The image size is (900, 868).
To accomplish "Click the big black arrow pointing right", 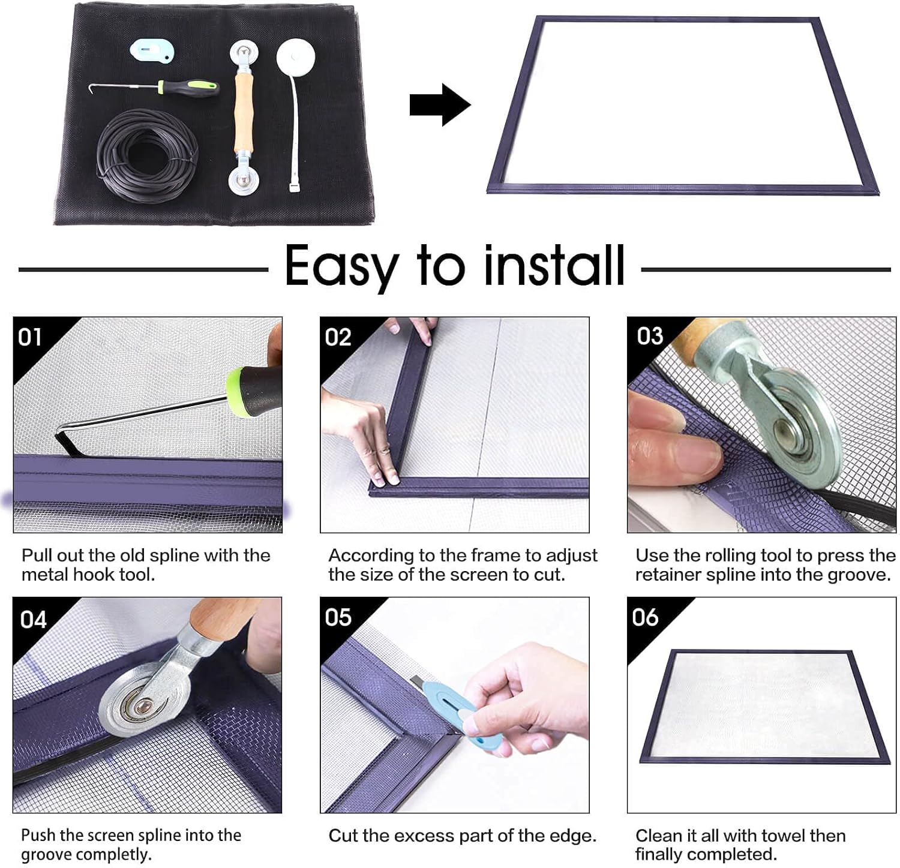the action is point(440,105).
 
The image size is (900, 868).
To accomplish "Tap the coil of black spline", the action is point(148,156).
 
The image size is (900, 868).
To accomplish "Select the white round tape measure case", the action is point(296,59).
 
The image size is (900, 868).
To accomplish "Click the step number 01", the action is point(30,337).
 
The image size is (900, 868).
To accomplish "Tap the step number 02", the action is point(338,337).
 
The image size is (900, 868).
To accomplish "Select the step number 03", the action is point(650,336).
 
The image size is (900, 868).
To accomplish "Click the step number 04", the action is point(33,619).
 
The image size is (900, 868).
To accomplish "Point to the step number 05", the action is point(338,617).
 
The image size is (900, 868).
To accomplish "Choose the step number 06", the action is point(645,617).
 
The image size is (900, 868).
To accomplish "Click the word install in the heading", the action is point(554,265).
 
